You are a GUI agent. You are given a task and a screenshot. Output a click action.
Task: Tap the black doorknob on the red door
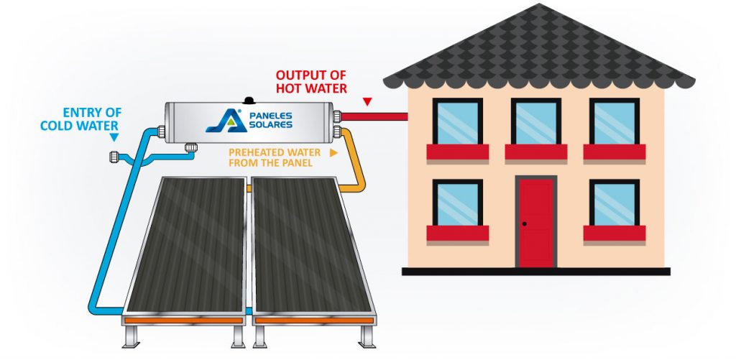click(525, 225)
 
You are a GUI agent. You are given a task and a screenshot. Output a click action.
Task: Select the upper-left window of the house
click(457, 123)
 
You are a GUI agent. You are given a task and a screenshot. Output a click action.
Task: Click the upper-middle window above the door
click(535, 123)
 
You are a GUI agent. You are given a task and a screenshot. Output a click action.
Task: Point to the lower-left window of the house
click(457, 204)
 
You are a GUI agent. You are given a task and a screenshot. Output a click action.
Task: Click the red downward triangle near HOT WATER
click(367, 102)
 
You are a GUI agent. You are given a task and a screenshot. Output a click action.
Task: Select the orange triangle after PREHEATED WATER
click(333, 153)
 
